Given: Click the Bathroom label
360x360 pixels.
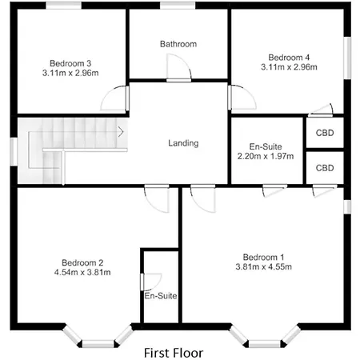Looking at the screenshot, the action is [x=178, y=44].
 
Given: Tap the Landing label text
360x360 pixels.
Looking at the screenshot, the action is [x=183, y=143].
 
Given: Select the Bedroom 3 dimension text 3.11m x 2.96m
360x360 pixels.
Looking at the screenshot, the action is [x=70, y=73].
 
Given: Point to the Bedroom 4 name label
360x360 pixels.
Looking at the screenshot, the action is [x=289, y=58].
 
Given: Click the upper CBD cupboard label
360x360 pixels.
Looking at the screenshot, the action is [x=325, y=133].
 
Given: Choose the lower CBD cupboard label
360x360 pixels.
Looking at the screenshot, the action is [x=325, y=168].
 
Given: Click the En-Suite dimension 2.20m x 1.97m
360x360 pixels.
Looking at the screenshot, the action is [x=266, y=156].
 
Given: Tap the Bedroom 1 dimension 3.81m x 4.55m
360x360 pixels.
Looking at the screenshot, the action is [x=264, y=266].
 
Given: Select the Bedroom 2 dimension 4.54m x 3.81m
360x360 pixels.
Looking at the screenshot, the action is [x=82, y=272].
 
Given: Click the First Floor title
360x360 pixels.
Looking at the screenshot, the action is [x=174, y=353].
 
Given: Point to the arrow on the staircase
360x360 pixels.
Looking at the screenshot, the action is [x=121, y=132].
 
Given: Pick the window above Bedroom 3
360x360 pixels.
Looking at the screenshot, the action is [x=64, y=6].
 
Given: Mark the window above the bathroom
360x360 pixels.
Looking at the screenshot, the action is [x=178, y=6].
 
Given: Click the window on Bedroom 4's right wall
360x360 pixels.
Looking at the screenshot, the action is [x=347, y=58].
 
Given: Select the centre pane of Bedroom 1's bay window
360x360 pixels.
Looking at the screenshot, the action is [x=265, y=344].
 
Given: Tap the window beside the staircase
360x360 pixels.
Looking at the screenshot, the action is [x=14, y=151].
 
